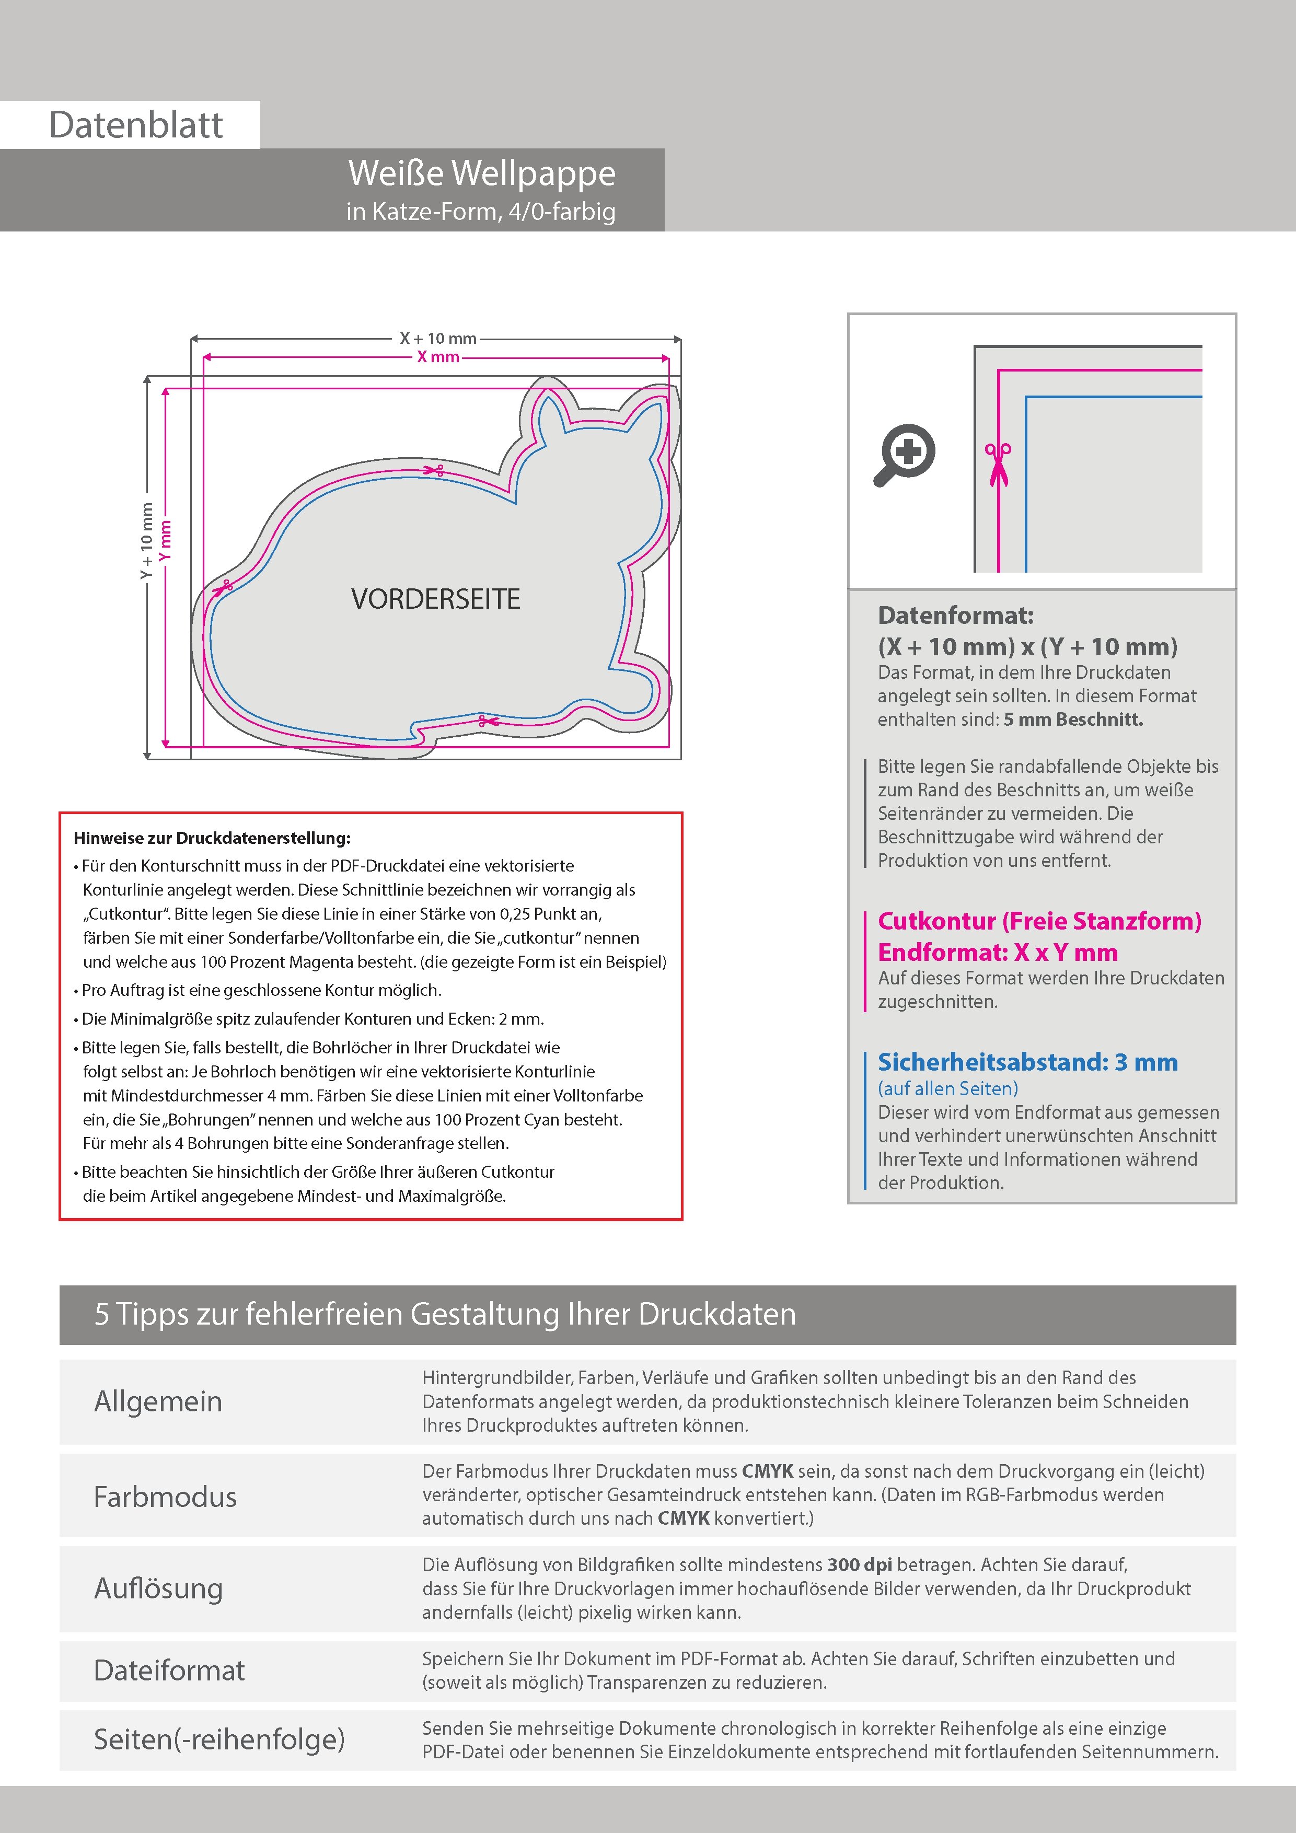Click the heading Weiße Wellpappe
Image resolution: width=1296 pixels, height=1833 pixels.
pyautogui.click(x=481, y=173)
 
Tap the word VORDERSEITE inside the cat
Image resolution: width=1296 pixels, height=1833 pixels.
pyautogui.click(x=436, y=599)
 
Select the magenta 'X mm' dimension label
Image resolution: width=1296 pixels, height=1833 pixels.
pyautogui.click(x=437, y=357)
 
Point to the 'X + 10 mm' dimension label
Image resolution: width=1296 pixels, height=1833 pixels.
pyautogui.click(x=437, y=339)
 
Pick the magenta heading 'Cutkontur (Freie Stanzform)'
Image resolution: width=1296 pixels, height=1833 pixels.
pyautogui.click(x=1039, y=921)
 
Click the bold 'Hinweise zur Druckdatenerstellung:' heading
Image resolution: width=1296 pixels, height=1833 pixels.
pyautogui.click(x=212, y=838)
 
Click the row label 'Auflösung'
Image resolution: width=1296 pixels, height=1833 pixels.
pyautogui.click(x=158, y=1588)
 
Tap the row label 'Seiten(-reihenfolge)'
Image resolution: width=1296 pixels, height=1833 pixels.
pyautogui.click(x=219, y=1739)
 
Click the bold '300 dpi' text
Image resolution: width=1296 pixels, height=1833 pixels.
pyautogui.click(x=860, y=1565)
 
